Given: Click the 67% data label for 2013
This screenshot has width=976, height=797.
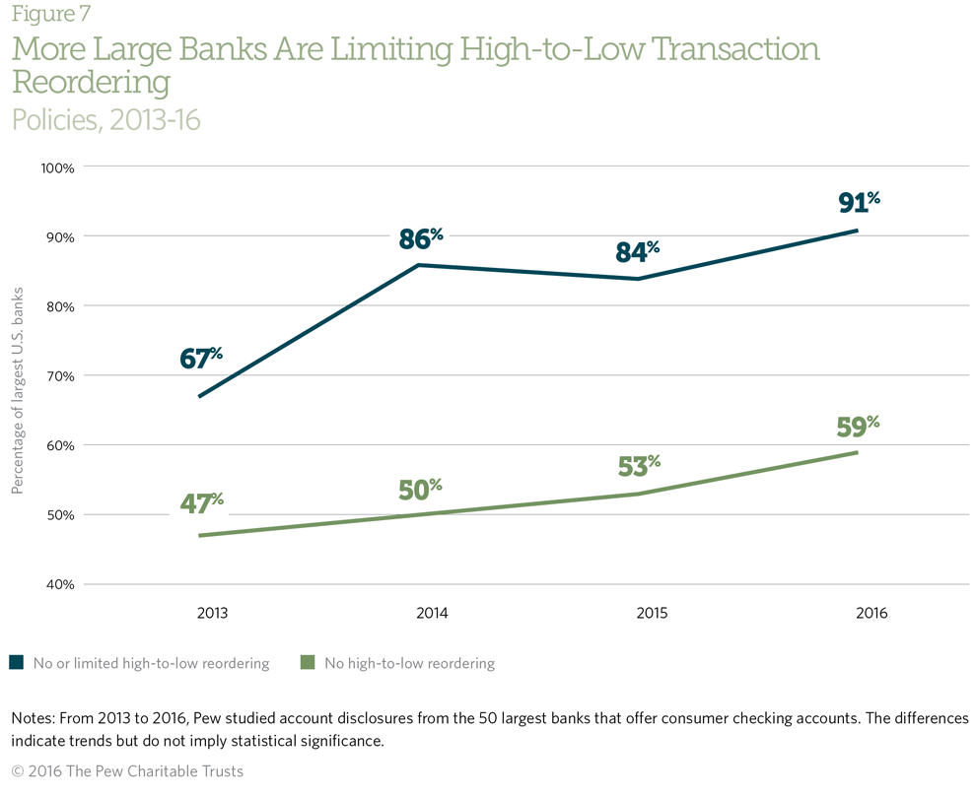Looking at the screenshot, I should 201,359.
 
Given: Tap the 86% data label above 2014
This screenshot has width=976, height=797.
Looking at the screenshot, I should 421,239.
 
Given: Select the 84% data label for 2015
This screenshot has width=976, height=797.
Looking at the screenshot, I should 638,252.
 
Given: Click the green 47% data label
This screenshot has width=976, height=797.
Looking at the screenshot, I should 201,504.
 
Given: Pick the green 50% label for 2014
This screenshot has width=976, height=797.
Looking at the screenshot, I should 420,489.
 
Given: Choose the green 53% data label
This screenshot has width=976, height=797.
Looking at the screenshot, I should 639,465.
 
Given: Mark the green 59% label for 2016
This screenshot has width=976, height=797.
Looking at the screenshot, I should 858,428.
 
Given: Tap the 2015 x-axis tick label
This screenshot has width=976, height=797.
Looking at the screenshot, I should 652,613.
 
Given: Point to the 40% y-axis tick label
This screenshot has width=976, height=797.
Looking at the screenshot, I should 61,584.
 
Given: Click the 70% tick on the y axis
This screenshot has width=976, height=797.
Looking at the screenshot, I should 61,375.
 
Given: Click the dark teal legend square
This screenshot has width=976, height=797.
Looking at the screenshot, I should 16,663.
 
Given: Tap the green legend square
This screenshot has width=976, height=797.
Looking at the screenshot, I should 308,663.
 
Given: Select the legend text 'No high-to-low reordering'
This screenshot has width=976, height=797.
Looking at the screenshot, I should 409,663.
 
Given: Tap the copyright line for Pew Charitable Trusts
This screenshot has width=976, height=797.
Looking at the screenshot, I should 127,770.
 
